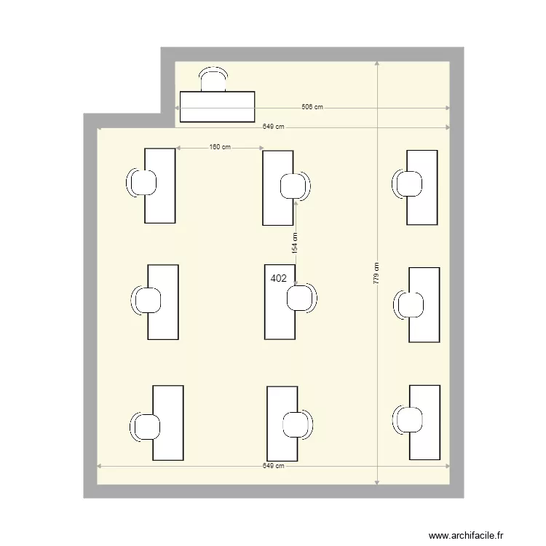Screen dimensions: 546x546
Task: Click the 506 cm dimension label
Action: pyautogui.click(x=312, y=107)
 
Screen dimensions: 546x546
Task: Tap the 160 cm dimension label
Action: pyautogui.click(x=219, y=148)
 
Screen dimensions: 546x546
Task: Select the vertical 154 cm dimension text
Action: pyautogui.click(x=295, y=242)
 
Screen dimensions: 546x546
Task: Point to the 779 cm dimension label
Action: pyautogui.click(x=376, y=273)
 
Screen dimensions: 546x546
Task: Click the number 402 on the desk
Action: pyautogui.click(x=278, y=278)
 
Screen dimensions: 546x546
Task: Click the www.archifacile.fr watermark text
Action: pyautogui.click(x=466, y=535)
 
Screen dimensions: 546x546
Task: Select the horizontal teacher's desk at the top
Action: pyautogui.click(x=217, y=106)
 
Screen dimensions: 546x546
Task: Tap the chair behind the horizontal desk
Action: pyautogui.click(x=213, y=79)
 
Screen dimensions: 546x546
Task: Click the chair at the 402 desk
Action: pyautogui.click(x=301, y=298)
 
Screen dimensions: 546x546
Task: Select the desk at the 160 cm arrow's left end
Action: pyautogui.click(x=160, y=186)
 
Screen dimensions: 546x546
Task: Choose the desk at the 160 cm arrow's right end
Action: pyautogui.click(x=278, y=188)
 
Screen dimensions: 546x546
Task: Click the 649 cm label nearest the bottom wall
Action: pyautogui.click(x=273, y=466)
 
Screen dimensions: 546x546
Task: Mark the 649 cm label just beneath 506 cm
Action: pyautogui.click(x=274, y=127)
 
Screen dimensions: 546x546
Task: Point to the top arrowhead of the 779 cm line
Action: pyautogui.click(x=377, y=64)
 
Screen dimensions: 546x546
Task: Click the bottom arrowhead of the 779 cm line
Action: pyautogui.click(x=377, y=483)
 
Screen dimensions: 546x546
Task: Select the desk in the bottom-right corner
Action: pyautogui.click(x=424, y=422)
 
